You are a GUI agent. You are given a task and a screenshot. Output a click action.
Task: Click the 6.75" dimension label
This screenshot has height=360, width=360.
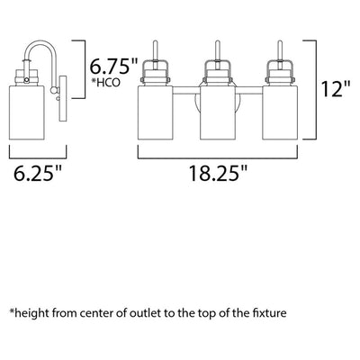coord(113,67)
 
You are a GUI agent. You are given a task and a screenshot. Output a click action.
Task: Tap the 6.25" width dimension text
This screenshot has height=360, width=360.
coord(38,173)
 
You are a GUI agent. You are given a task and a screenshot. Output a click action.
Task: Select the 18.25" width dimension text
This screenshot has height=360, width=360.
coord(218,173)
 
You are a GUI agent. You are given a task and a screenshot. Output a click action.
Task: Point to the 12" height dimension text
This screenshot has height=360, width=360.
coord(336,89)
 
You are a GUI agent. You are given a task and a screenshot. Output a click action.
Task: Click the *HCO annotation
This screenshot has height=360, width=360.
coord(108,82)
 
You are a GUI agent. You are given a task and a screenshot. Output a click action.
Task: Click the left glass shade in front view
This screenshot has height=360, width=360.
coord(156,112)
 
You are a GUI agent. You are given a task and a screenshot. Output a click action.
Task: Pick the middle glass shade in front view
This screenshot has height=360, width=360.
coord(218,112)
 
